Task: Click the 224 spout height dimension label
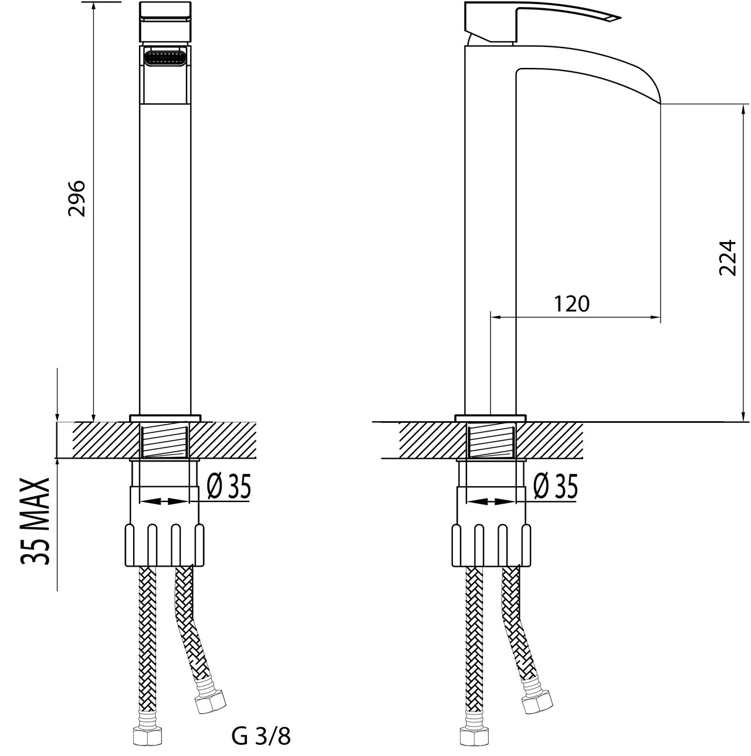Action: (x=728, y=257)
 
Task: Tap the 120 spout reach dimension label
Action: (x=571, y=304)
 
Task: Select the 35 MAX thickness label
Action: (x=36, y=521)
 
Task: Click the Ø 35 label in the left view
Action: (x=228, y=486)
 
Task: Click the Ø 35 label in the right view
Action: (x=556, y=486)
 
